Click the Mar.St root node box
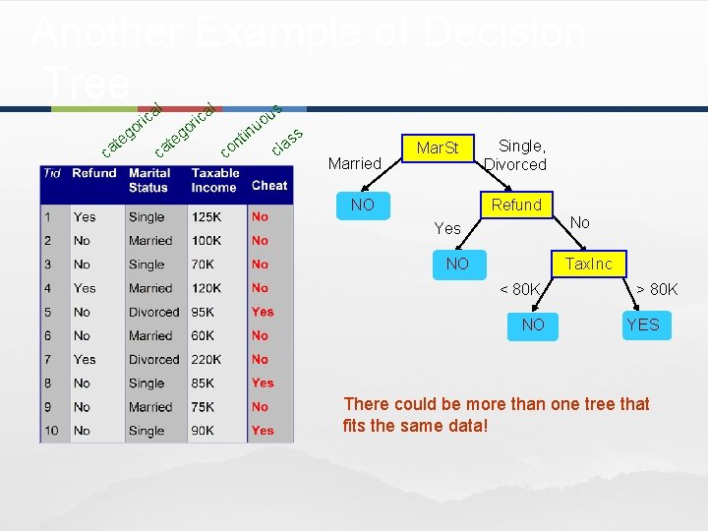tap(438, 148)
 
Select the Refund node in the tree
tap(516, 205)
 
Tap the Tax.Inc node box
tap(588, 264)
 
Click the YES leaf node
tap(643, 324)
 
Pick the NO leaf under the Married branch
tap(363, 205)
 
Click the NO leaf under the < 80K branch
tap(533, 324)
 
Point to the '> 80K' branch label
tap(656, 289)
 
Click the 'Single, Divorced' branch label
tap(516, 155)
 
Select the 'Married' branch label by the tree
tap(354, 163)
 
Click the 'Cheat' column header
tap(269, 185)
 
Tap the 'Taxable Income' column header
tap(213, 180)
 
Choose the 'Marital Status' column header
tap(148, 180)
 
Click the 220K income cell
tap(206, 359)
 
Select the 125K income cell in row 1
tap(206, 216)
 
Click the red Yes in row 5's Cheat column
tap(263, 312)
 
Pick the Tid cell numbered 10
tap(51, 430)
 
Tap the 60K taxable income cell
tap(204, 335)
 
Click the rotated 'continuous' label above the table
tap(252, 130)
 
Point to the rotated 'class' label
tap(286, 142)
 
